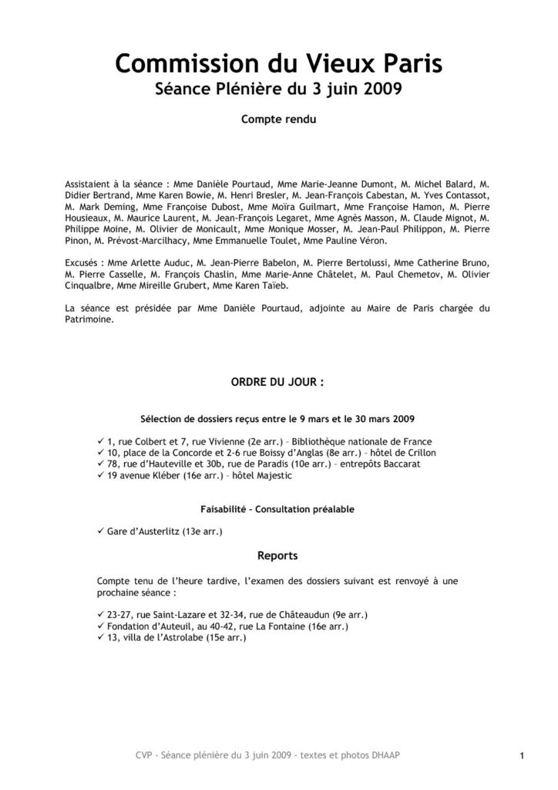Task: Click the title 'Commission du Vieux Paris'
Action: click(x=278, y=63)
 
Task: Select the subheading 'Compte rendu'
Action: click(x=278, y=120)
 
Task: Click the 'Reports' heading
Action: click(x=278, y=554)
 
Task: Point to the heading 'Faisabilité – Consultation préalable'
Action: click(x=278, y=510)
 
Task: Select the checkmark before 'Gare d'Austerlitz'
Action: click(x=102, y=532)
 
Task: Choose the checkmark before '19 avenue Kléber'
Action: click(x=102, y=477)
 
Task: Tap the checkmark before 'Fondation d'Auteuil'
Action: click(x=102, y=627)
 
